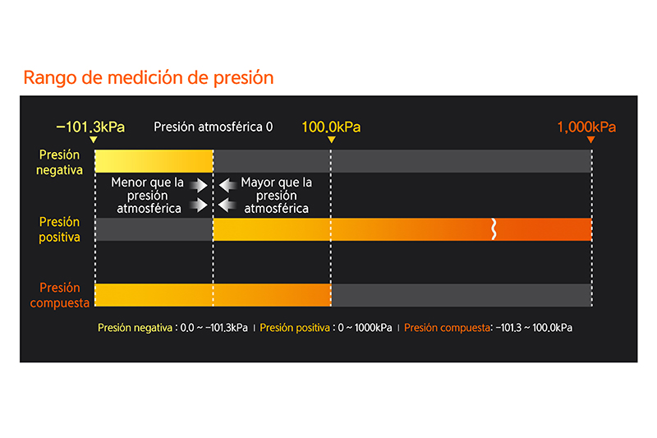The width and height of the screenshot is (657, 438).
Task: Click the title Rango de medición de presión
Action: [149, 78]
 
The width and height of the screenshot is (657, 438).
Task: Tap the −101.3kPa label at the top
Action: [90, 127]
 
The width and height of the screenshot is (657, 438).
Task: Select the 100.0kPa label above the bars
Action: [331, 127]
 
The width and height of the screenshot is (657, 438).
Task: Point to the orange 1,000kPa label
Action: [586, 127]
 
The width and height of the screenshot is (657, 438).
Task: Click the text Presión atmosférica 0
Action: [213, 127]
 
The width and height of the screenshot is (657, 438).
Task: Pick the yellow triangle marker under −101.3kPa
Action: [94, 140]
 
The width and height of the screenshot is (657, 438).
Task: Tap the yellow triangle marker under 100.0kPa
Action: [332, 140]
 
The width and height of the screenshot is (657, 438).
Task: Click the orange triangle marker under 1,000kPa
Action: [590, 140]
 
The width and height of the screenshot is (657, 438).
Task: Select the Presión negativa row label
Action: [59, 162]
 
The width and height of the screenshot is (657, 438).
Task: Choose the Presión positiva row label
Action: [59, 229]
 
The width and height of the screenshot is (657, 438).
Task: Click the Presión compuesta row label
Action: [59, 295]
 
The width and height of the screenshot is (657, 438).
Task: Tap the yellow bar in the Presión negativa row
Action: [154, 161]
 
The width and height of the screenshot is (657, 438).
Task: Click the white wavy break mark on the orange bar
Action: [494, 228]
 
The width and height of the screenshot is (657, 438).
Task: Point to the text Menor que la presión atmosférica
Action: [148, 196]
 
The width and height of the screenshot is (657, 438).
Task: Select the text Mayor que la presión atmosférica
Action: [277, 196]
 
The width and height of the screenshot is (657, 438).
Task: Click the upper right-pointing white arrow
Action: [198, 185]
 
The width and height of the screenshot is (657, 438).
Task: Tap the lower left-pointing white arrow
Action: [227, 205]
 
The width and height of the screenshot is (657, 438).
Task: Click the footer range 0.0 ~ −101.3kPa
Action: [214, 328]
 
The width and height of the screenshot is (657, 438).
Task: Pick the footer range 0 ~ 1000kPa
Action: [365, 328]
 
